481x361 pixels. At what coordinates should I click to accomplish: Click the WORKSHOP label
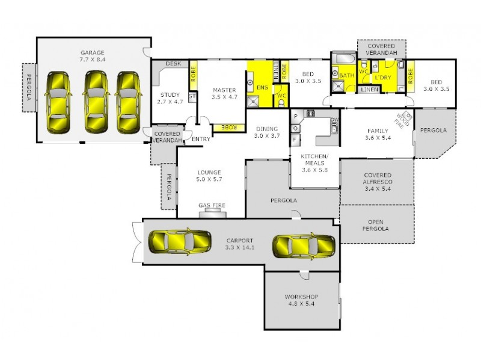coord(301,297)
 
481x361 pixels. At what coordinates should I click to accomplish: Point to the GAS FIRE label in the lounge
coord(212,206)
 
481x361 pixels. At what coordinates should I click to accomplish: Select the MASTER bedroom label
coord(224,91)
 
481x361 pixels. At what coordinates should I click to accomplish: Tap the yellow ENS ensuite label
coord(262,88)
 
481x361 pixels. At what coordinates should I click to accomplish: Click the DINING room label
coord(267,129)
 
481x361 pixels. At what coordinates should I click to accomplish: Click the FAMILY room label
coord(379,131)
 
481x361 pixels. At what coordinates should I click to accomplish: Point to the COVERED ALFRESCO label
coord(378,179)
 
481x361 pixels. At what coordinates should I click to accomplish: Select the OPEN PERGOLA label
coord(378,225)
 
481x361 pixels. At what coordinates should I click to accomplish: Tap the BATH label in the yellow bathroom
coord(347,76)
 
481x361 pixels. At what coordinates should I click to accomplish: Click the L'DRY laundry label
coord(383,78)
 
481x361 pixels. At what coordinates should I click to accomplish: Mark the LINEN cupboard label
coord(369,90)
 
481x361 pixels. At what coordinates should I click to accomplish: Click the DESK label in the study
coord(173,63)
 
